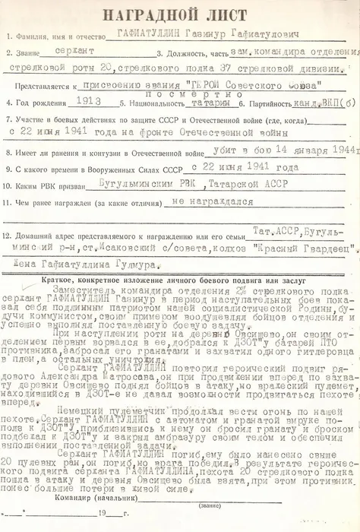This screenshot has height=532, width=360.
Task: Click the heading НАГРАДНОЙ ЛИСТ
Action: pos(180,15)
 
